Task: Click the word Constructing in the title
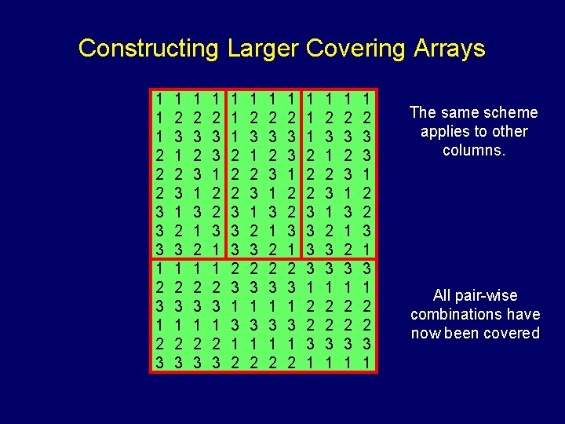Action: pyautogui.click(x=148, y=49)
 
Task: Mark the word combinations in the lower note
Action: pyautogui.click(x=454, y=314)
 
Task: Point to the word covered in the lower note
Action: pyautogui.click(x=514, y=333)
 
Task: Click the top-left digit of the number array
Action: pyautogui.click(x=159, y=100)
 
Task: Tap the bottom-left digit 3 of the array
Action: pyautogui.click(x=159, y=364)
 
